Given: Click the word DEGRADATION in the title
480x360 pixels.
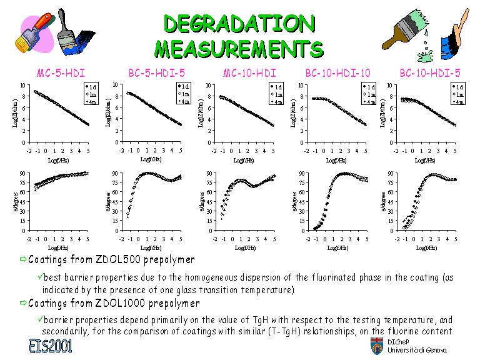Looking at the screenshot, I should pos(239,23).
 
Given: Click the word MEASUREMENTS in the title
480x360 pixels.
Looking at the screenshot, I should pos(239,47).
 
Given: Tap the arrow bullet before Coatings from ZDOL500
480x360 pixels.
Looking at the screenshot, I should pos(23,259).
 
